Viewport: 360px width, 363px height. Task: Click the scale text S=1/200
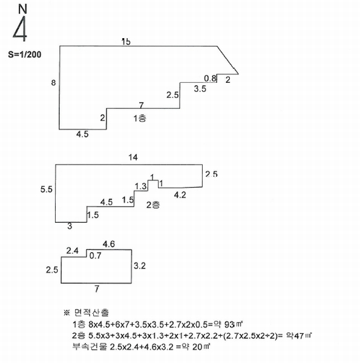pos(25,54)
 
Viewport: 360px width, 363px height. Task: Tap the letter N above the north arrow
pos(22,9)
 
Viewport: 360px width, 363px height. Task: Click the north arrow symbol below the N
pos(21,29)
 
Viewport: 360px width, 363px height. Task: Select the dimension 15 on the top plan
pos(126,42)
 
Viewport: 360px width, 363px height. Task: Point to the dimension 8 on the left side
pos(53,83)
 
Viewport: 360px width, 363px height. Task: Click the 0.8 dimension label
pos(210,79)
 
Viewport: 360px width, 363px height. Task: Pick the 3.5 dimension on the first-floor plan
pos(200,89)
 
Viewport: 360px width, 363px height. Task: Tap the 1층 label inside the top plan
pos(140,119)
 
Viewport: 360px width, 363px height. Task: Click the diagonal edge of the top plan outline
pos(228,60)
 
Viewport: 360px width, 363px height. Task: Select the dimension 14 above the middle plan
pos(133,157)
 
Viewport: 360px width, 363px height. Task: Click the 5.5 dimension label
pos(47,189)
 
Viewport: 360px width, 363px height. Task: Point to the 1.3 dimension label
pos(141,186)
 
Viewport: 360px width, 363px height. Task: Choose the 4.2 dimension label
pos(180,195)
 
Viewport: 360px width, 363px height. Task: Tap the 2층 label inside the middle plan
pos(153,204)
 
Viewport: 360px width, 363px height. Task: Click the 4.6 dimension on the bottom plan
pos(109,244)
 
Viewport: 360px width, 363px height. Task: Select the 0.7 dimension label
pos(95,255)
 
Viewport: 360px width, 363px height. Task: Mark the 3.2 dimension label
pos(140,266)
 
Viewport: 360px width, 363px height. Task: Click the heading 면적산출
pos(91,313)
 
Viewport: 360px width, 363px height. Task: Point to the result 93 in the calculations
pos(230,324)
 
